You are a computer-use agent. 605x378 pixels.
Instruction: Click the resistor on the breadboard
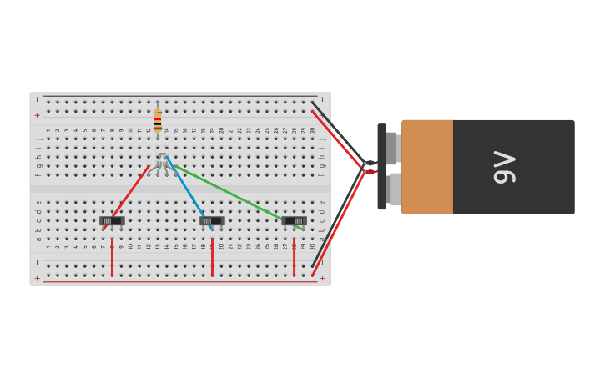pos(157,120)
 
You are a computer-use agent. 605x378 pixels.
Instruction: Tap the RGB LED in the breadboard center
pos(162,160)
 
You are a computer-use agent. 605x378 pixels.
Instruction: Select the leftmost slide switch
pos(112,221)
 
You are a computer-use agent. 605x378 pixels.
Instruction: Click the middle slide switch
pos(212,221)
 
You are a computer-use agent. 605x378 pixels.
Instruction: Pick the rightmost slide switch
pos(294,221)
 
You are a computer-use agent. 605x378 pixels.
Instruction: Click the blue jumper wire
pos(188,192)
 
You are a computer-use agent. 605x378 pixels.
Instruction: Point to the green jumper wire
pos(238,197)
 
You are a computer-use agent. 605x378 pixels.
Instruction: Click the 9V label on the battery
pos(505,167)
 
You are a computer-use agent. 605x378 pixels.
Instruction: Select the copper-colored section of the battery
pos(427,167)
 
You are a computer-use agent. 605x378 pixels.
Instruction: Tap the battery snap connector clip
pos(381,167)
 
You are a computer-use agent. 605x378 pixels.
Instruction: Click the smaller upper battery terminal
pos(392,148)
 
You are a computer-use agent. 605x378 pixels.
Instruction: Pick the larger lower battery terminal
pos(394,189)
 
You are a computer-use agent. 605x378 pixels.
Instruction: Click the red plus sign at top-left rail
pos(37,115)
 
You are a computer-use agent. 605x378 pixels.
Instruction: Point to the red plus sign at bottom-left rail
pos(37,278)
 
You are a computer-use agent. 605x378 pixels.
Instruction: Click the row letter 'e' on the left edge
pos(38,203)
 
